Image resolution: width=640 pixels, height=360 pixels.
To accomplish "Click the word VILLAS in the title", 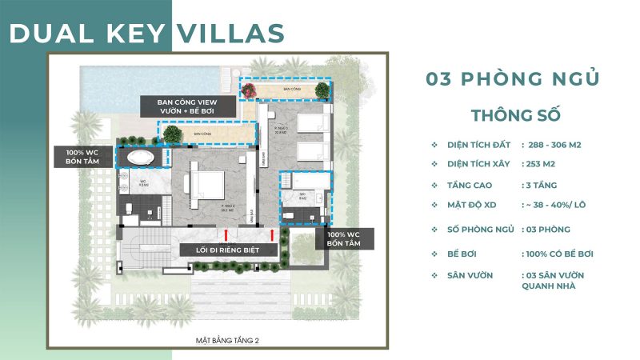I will (x=230, y=33).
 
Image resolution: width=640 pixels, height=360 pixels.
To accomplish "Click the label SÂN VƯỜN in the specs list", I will (x=471, y=275).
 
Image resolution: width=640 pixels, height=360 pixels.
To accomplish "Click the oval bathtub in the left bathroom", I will (x=142, y=156).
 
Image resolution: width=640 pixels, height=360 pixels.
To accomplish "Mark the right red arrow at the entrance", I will (x=274, y=234).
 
